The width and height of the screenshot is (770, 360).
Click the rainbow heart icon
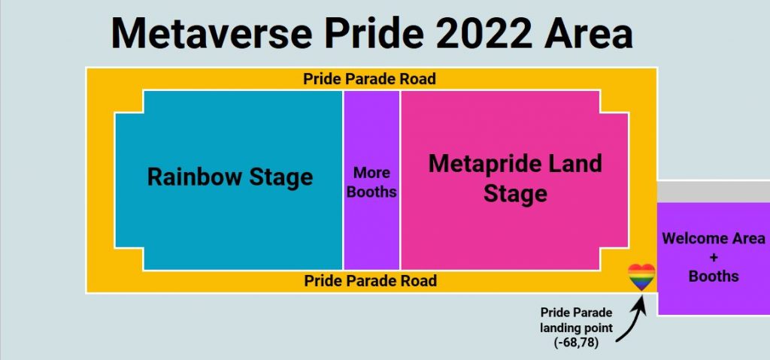tap(641, 277)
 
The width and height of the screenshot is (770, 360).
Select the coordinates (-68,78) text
tap(577, 342)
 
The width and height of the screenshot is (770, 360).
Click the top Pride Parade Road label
tap(369, 79)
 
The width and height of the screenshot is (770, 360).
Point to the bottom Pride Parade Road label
tap(370, 281)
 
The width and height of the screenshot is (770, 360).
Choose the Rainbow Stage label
tap(230, 177)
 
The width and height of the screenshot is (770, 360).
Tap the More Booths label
tap(371, 182)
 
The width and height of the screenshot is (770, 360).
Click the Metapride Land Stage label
tap(515, 178)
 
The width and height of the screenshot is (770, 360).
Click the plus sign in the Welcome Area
tap(714, 257)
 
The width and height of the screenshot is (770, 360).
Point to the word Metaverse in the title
tap(212, 33)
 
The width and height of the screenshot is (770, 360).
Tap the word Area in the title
tap(589, 33)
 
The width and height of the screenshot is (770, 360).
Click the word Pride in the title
tap(373, 33)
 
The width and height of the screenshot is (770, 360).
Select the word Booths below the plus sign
tap(714, 276)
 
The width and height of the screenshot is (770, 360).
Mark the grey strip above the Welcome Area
tap(714, 192)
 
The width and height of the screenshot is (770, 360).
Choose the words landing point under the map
tap(577, 328)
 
